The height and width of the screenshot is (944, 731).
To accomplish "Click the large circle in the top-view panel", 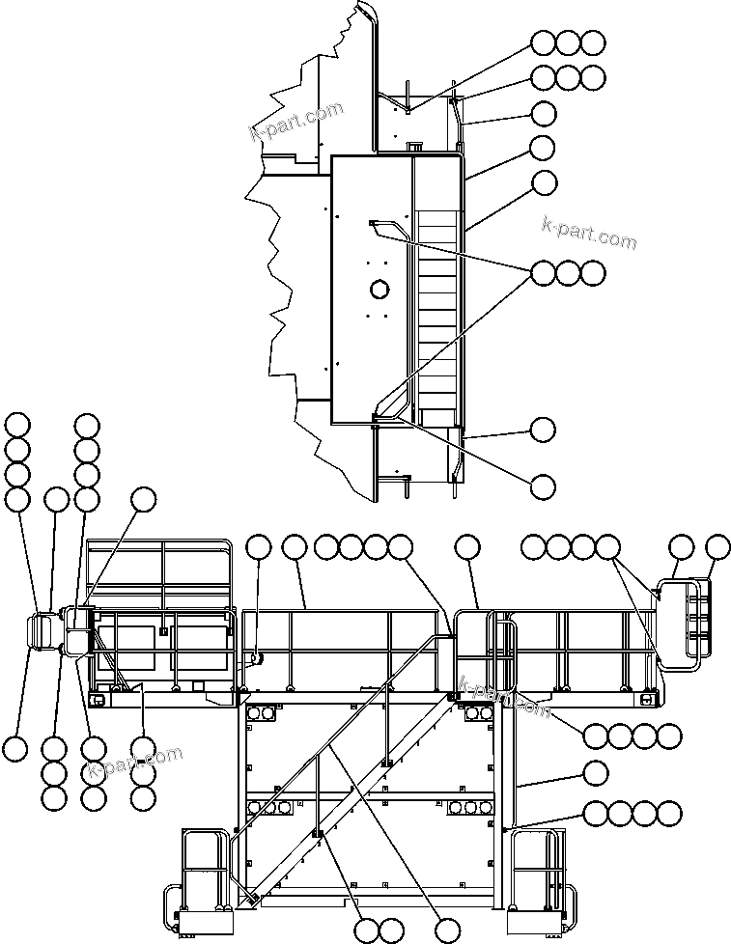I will (x=379, y=289).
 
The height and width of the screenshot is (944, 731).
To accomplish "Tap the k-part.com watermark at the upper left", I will (x=296, y=122).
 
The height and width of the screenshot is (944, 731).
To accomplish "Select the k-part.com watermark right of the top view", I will (x=588, y=233).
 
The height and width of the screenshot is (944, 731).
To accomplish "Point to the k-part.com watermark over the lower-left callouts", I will (x=134, y=764).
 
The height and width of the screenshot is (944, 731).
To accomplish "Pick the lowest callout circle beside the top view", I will (x=544, y=485).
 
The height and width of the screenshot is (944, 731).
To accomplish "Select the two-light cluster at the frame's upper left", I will (x=262, y=714).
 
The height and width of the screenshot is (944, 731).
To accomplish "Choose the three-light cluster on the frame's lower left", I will (x=274, y=806).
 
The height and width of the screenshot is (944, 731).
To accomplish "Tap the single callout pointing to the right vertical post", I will (x=596, y=772).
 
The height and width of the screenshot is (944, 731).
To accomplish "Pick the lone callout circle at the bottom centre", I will (x=445, y=929).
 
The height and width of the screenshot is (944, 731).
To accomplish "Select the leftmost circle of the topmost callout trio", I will (x=544, y=42).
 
